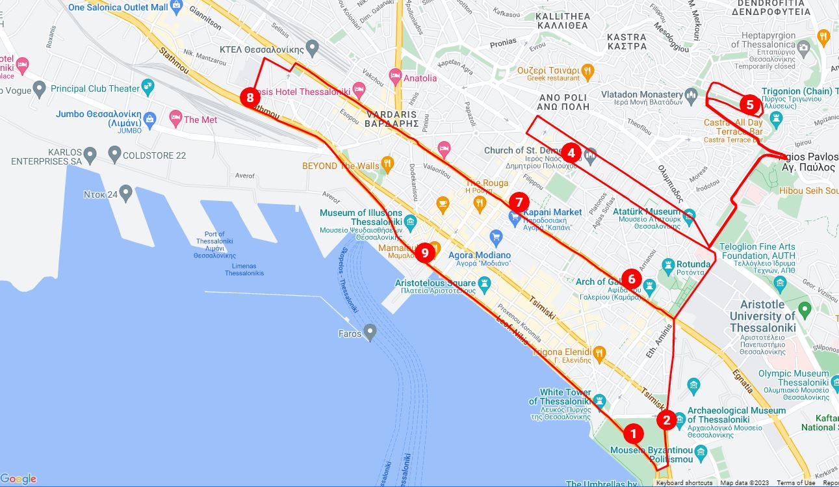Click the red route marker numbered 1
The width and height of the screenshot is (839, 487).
(633, 433)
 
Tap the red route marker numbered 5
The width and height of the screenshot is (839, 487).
(749, 104)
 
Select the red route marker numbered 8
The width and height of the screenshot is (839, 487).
(250, 98)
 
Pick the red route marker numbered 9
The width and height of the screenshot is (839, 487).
(424, 253)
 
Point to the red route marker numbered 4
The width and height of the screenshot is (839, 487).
(571, 153)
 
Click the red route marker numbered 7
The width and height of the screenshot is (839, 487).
(519, 202)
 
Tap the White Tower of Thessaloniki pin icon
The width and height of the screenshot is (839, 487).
(599, 400)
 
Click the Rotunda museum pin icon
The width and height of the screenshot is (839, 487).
(667, 264)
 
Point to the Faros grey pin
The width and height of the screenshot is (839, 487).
(370, 332)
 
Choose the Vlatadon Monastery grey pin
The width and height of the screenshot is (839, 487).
(691, 96)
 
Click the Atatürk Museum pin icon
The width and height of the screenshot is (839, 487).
(690, 214)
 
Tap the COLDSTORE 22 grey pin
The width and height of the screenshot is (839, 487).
(114, 154)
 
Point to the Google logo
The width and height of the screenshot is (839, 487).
(19, 479)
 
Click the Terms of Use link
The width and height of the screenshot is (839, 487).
(795, 482)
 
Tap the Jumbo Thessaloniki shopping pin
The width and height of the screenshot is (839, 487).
(150, 118)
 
